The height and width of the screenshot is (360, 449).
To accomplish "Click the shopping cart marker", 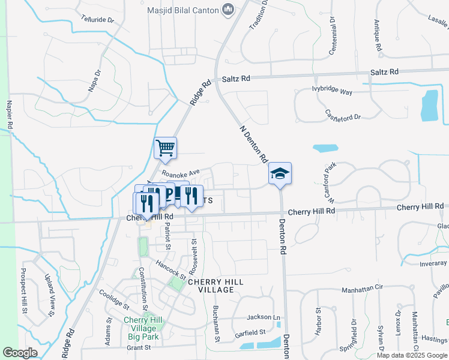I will pos(165,148).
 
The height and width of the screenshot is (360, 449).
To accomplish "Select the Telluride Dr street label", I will pos(98,20).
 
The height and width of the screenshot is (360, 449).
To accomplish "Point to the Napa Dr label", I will pos(94,80).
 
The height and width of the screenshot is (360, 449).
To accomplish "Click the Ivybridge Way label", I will pos(332,92).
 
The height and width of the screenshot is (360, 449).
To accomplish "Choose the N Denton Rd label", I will pos(253,145).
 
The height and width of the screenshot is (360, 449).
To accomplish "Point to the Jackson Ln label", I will pos(263,317).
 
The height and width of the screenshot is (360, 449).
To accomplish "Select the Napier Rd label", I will pos(10,115).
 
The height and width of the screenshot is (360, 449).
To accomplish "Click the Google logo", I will pos(20,353).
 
